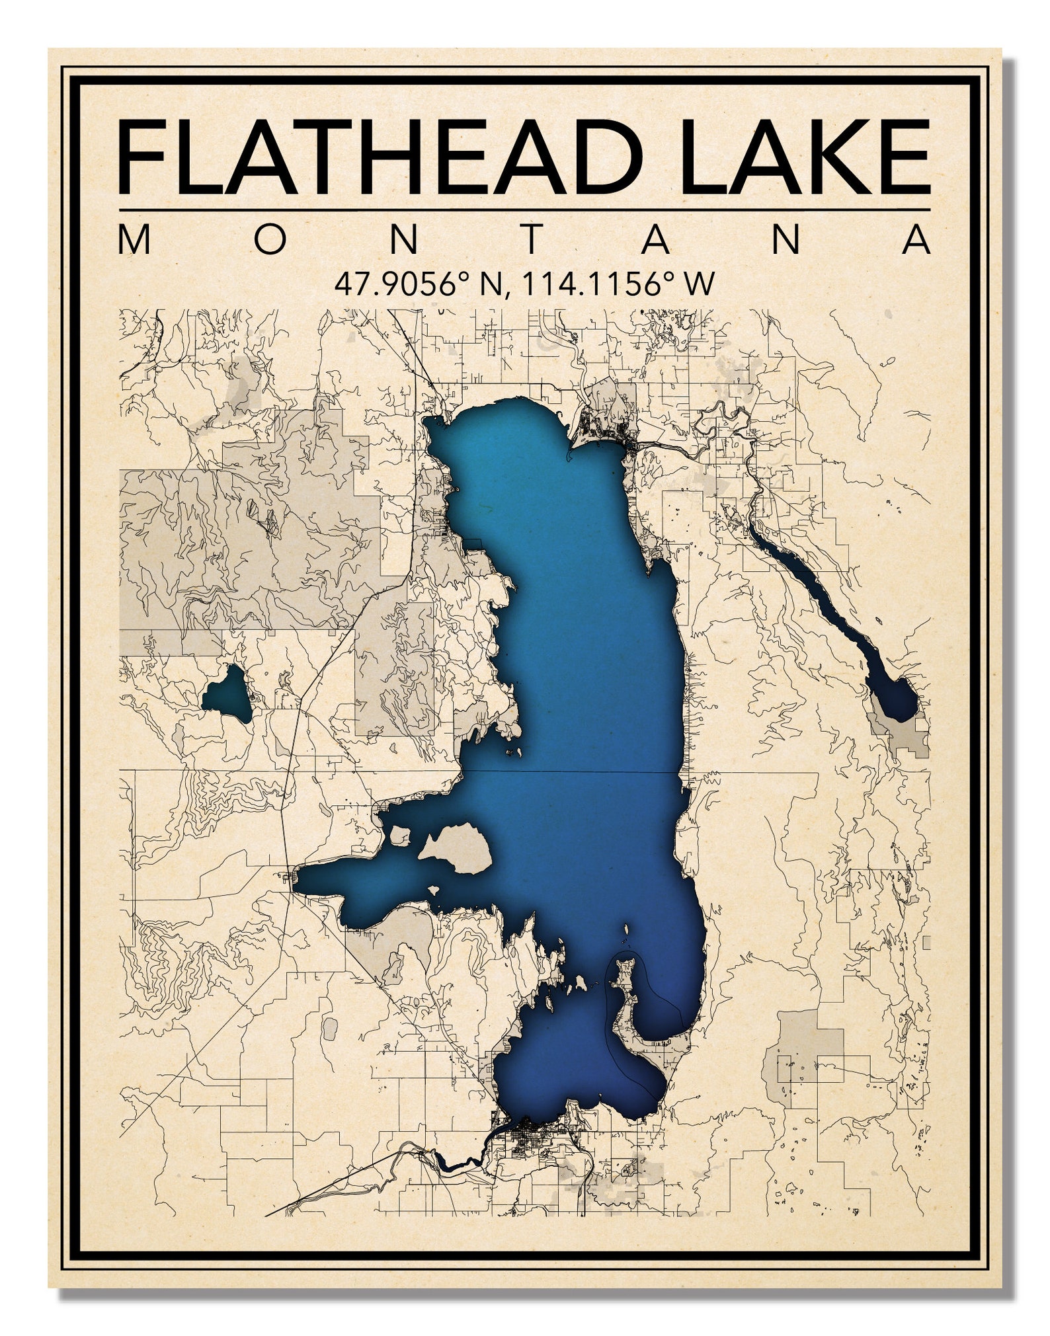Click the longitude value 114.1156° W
(x=618, y=284)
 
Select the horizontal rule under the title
(x=524, y=210)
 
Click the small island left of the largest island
(x=400, y=837)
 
